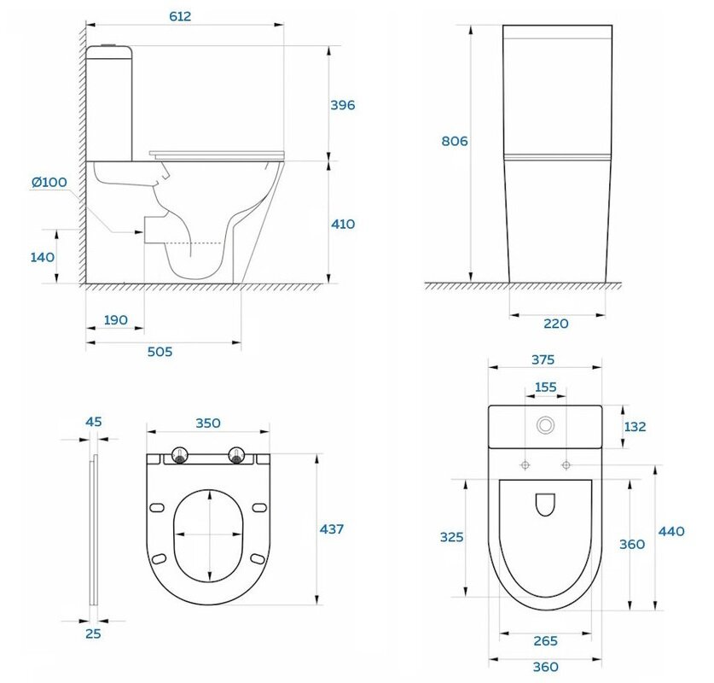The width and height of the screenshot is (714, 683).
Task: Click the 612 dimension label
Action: click(x=180, y=16)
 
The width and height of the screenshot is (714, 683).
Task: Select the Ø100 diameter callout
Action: click(x=49, y=182)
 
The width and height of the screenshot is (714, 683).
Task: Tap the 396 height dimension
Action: click(x=342, y=105)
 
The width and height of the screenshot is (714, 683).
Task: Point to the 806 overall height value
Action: click(x=455, y=141)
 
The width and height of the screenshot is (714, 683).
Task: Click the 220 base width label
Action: click(x=556, y=324)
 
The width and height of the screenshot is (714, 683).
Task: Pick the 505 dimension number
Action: click(x=160, y=352)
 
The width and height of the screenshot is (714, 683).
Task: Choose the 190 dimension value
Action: click(x=116, y=320)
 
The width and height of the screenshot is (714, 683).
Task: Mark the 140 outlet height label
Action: click(x=43, y=258)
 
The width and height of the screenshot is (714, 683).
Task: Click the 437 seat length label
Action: click(x=332, y=529)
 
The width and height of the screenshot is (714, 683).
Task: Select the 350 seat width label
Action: click(x=208, y=423)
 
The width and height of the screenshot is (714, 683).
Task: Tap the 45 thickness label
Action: click(x=93, y=422)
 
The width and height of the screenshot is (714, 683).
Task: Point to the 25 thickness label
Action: click(x=93, y=633)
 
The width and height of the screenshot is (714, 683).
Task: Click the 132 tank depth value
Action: click(x=635, y=427)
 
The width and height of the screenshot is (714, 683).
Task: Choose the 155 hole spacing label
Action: click(x=545, y=388)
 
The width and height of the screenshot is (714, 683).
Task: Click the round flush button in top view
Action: click(x=545, y=425)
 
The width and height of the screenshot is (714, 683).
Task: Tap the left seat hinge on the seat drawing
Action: click(x=180, y=456)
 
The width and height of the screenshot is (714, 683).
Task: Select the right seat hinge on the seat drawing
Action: click(x=236, y=456)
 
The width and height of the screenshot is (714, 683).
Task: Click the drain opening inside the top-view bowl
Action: click(x=545, y=505)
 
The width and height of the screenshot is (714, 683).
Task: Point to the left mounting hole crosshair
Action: click(x=525, y=465)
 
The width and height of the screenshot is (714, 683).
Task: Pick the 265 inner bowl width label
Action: click(x=545, y=641)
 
